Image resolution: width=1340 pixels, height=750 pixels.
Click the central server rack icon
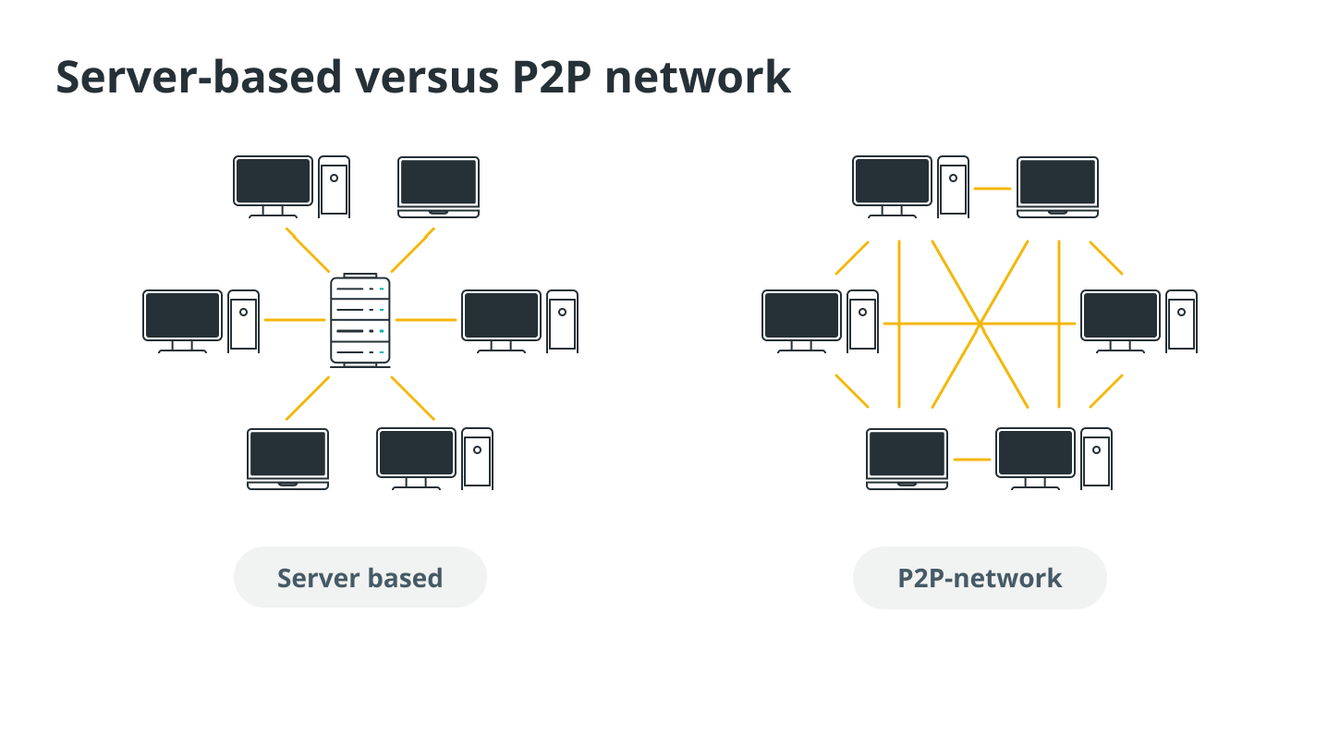[x=360, y=320]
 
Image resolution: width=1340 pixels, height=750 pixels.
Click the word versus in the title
[x=427, y=77]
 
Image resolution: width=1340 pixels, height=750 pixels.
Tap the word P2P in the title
[x=552, y=77]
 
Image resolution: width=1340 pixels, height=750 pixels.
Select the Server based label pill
[x=360, y=578]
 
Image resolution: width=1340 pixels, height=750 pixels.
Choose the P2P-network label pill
[x=980, y=578]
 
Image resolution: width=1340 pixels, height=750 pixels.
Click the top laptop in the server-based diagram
[x=438, y=188]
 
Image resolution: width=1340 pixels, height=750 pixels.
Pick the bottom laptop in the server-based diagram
[x=287, y=459]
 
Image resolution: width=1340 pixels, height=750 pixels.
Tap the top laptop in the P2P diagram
[x=1057, y=188]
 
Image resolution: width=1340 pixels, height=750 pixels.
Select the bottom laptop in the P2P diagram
[x=907, y=459]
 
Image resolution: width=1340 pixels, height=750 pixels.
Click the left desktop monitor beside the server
[x=182, y=322]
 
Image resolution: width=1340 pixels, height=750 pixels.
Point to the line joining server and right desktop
[x=426, y=320]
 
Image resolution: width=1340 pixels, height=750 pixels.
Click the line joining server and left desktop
[x=295, y=320]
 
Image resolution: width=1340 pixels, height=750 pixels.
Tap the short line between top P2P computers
[x=993, y=189]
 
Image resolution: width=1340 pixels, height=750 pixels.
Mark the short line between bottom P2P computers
[x=972, y=460]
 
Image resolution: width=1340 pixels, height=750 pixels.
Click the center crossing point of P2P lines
[x=980, y=324]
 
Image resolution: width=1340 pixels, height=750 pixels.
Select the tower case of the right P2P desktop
[x=1181, y=322]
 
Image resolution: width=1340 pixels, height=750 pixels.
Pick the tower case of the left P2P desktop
[x=862, y=322]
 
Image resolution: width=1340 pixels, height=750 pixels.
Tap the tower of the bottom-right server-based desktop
[x=478, y=459]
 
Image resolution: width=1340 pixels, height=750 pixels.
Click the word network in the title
[x=698, y=77]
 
